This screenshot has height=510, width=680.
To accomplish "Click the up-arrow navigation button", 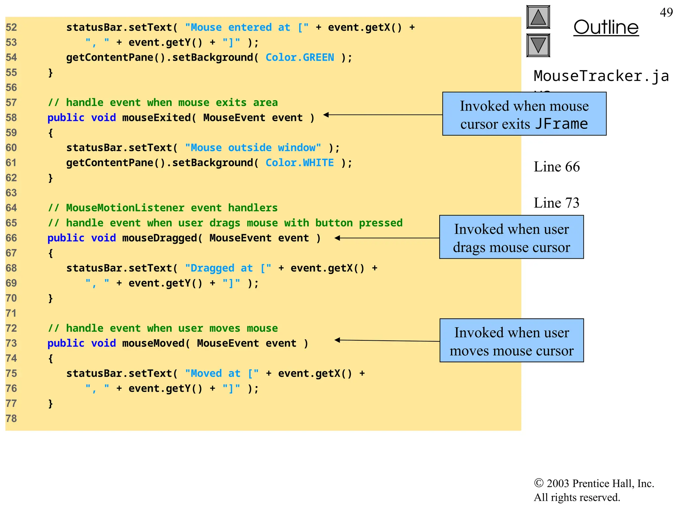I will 538,17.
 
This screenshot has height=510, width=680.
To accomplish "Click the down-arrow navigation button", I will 538,45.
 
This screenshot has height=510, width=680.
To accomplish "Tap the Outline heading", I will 606,27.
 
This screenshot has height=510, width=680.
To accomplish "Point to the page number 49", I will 666,13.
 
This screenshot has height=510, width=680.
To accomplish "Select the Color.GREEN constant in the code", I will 299,57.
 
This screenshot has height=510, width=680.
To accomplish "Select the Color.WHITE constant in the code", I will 299,163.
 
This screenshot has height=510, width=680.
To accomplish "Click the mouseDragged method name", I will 160,238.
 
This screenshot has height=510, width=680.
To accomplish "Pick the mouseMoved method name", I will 153,343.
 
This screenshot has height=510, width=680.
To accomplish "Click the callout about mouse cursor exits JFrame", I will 524,114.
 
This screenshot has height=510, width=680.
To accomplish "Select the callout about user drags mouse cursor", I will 511,237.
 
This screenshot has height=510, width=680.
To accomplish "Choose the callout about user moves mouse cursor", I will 511,341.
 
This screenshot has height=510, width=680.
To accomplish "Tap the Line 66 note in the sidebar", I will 556,167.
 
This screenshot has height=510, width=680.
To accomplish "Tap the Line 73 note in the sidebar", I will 556,203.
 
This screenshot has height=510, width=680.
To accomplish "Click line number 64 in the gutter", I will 11,208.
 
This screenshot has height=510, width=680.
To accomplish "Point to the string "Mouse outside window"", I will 253,148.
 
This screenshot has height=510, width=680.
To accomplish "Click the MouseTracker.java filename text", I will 601,76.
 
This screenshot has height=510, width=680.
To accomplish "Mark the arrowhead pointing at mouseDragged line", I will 337,238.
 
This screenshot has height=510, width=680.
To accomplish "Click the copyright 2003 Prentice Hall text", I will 594,484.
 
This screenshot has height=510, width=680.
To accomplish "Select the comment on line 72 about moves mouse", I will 163,328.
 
